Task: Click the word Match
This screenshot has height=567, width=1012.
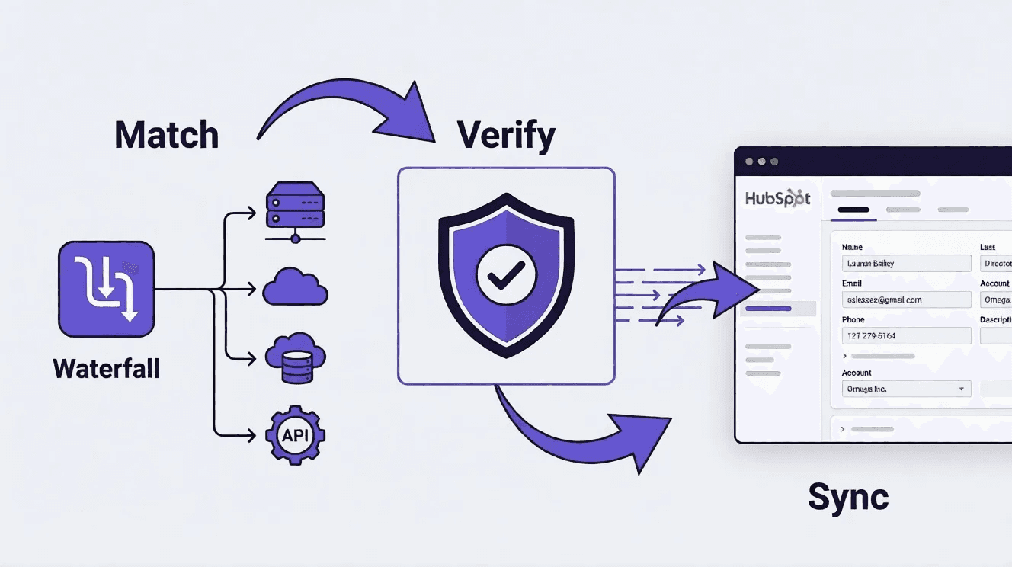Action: pos(166,135)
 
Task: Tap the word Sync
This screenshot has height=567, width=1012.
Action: pos(847,498)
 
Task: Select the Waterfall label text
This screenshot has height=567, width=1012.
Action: pos(106,369)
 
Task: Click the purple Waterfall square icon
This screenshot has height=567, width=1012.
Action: pos(106,290)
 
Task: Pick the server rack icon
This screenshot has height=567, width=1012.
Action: pos(295,210)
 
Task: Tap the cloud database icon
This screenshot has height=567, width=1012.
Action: pos(295,358)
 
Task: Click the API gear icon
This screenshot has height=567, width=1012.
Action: pos(295,435)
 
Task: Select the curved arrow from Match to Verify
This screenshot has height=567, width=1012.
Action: pos(343,107)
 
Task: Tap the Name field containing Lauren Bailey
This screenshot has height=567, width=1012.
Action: pos(906,264)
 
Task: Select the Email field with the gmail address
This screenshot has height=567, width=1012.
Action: pos(906,300)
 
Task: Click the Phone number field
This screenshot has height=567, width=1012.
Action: pos(906,336)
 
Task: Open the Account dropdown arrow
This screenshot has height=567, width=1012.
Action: pos(961,389)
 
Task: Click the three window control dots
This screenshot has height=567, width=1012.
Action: pos(761,162)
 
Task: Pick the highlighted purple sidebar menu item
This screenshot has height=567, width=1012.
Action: pos(768,309)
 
